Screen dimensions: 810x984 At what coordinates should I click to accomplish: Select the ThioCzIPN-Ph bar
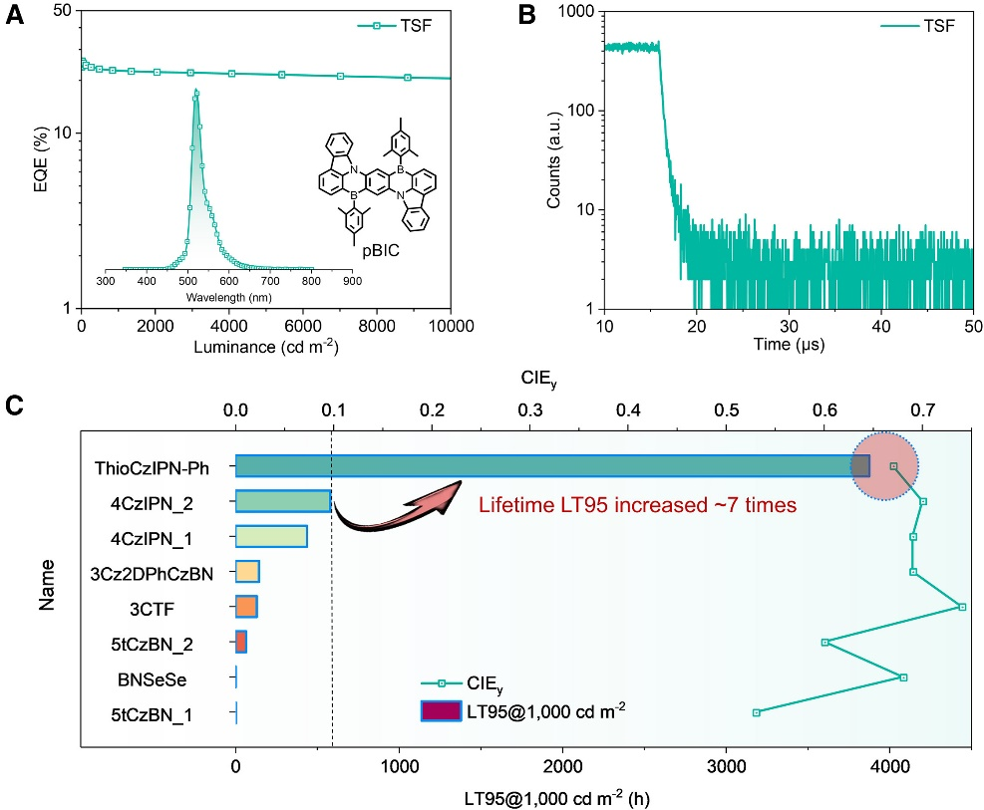click(x=552, y=466)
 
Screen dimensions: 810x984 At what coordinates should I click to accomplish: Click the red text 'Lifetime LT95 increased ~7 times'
click(x=638, y=505)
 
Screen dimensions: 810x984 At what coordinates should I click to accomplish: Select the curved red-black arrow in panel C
click(x=396, y=508)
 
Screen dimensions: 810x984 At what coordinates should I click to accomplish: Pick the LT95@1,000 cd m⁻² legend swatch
click(x=441, y=710)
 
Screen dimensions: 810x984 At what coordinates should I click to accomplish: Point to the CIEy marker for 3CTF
click(x=961, y=607)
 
